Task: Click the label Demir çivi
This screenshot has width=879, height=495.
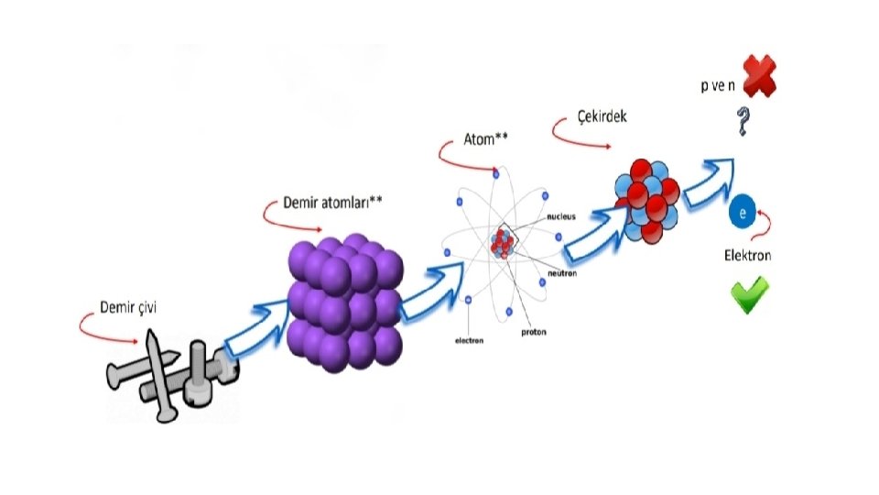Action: pos(128,308)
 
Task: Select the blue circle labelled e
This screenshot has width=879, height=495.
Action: pos(743,213)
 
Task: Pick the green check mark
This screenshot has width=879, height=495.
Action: pos(749,295)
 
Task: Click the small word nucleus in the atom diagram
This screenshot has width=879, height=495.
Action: pos(560,217)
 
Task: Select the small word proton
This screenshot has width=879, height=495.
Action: pos(536,331)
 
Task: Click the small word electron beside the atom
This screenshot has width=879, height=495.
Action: pos(470,341)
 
